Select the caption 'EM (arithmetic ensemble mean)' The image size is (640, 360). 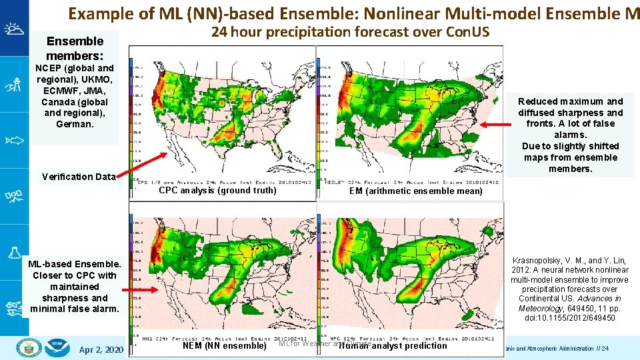coord(416,191)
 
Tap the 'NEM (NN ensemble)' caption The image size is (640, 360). coord(224,345)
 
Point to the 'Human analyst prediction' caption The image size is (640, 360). coord(393,345)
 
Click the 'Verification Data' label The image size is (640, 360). coord(78,177)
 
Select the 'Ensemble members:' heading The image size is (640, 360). coord(75,48)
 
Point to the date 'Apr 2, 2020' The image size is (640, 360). coord(101,350)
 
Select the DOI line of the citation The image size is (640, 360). coord(569,318)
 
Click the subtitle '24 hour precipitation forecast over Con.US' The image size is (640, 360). coord(350,32)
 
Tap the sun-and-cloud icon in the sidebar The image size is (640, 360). coord(14,29)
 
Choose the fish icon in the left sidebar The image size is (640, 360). coord(14,141)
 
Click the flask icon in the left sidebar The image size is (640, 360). coord(14,253)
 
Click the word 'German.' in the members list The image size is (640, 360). coord(75,124)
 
